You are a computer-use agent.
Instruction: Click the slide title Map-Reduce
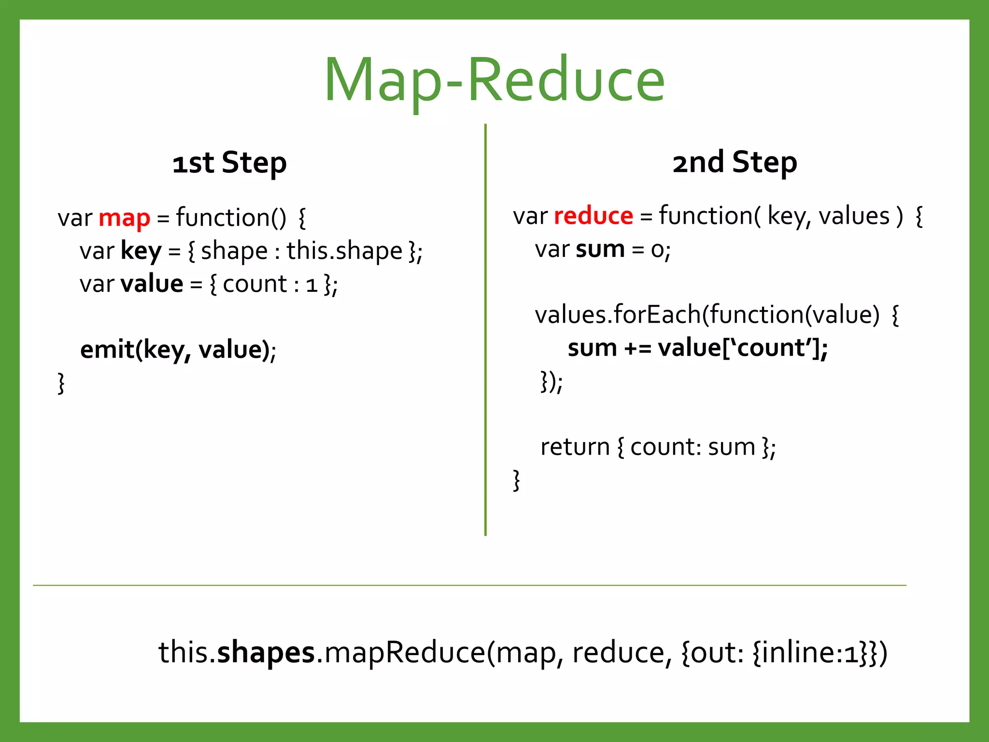494,80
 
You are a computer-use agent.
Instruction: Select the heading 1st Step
229,163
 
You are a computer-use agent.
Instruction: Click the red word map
124,218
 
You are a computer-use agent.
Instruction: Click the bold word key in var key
141,251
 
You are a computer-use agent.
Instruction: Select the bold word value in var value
152,284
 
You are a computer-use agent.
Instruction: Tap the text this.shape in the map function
344,251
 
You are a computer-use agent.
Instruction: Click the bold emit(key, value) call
177,349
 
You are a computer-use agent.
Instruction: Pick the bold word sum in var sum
600,249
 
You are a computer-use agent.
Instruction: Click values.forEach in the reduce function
618,314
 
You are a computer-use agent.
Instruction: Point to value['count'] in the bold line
742,348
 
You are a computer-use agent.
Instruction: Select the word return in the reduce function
575,447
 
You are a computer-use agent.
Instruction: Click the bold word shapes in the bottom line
266,652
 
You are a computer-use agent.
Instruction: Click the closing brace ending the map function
61,383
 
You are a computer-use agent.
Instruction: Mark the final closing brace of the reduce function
516,480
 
